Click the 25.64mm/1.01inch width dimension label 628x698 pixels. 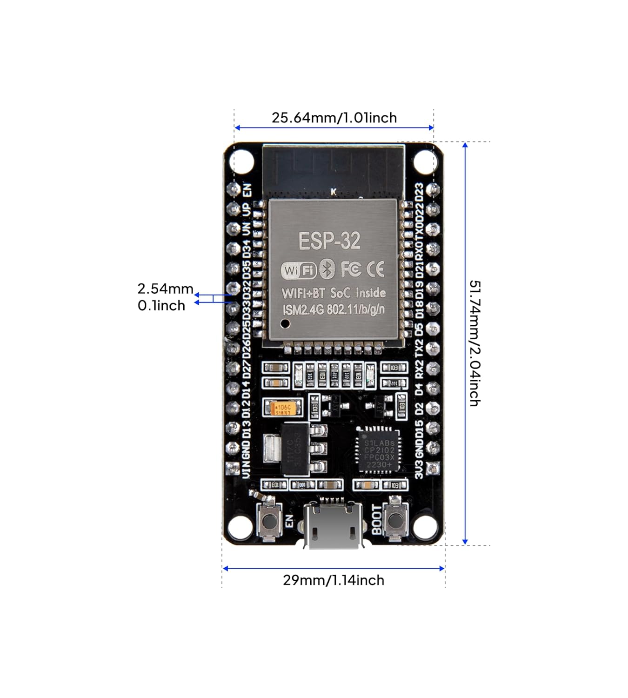tap(334, 118)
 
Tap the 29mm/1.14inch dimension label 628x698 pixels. tap(334, 580)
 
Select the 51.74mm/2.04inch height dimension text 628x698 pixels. tap(474, 343)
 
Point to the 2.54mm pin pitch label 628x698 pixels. tap(165, 289)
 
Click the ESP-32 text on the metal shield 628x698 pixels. tap(329, 241)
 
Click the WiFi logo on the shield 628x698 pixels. tap(298, 270)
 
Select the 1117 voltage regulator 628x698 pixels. tap(296, 449)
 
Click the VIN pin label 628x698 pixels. tap(246, 468)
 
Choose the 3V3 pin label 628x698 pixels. tap(419, 469)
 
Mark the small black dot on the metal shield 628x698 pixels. tap(286, 323)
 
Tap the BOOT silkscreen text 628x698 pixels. tap(376, 520)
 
